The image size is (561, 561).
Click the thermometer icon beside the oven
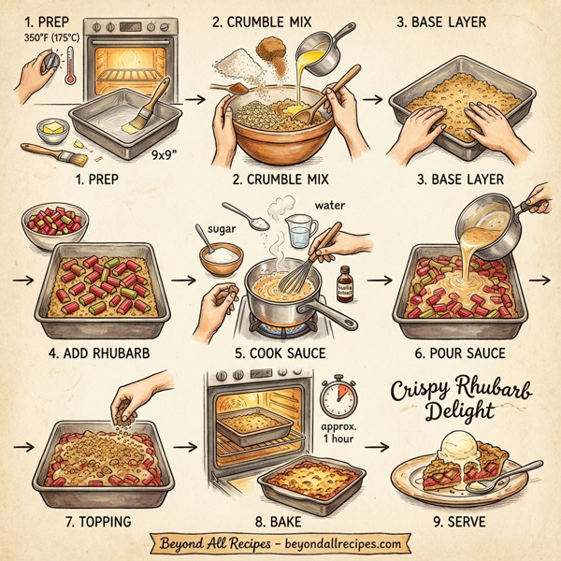pos(69,70)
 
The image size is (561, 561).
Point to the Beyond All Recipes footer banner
pos(280,542)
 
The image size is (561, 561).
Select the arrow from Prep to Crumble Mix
pos(194,96)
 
